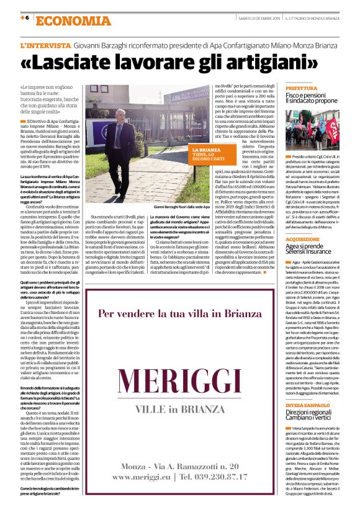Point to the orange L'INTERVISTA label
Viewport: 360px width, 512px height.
45,45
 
